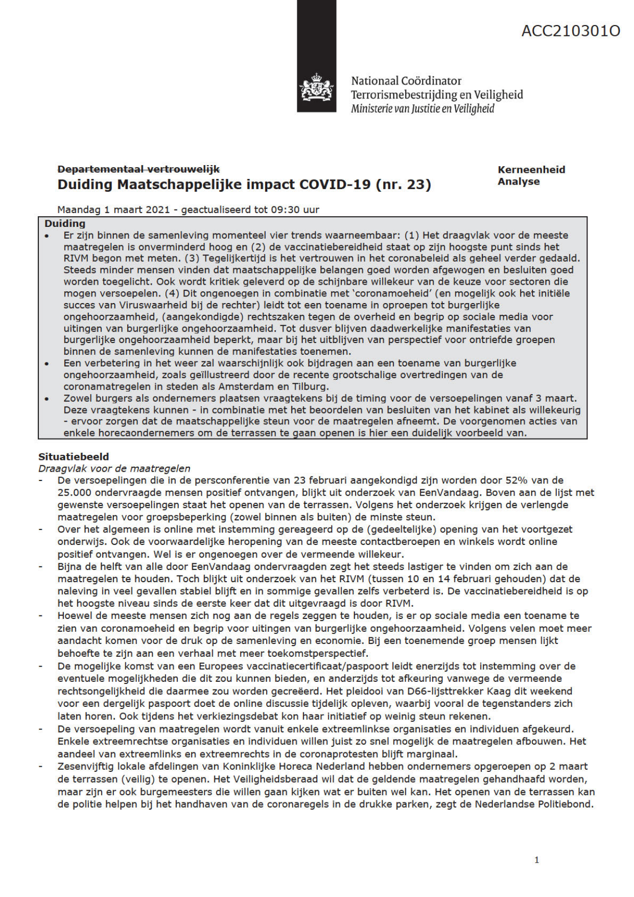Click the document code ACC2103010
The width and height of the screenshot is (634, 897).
(571, 31)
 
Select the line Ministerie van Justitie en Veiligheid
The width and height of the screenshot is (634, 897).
(422, 108)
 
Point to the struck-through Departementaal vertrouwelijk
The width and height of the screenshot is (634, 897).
(138, 169)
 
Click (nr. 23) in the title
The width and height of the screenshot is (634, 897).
(403, 185)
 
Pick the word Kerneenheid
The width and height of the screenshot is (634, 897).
(531, 170)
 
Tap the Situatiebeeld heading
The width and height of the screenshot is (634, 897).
(74, 456)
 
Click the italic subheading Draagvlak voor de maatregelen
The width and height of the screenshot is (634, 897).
(114, 468)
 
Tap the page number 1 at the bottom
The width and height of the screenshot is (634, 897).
(536, 860)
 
